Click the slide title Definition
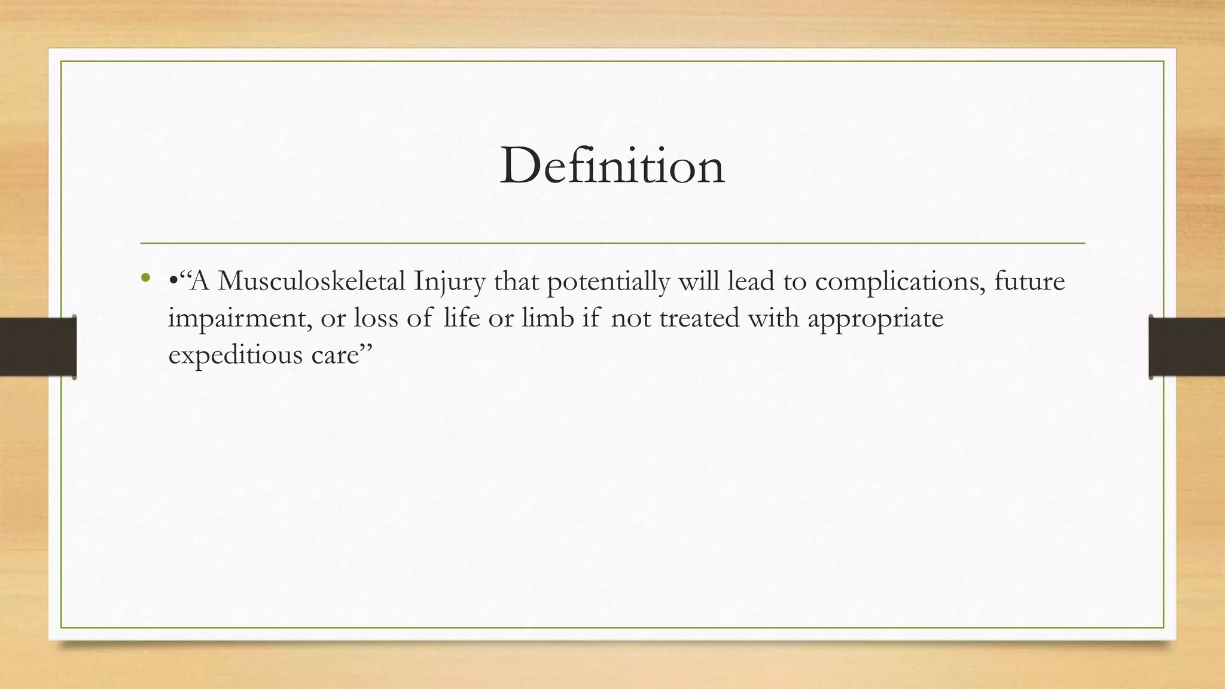612,166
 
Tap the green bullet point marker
145,278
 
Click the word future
1029,281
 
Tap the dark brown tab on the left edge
38,347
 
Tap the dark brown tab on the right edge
1187,347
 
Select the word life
462,318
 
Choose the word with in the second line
773,318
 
